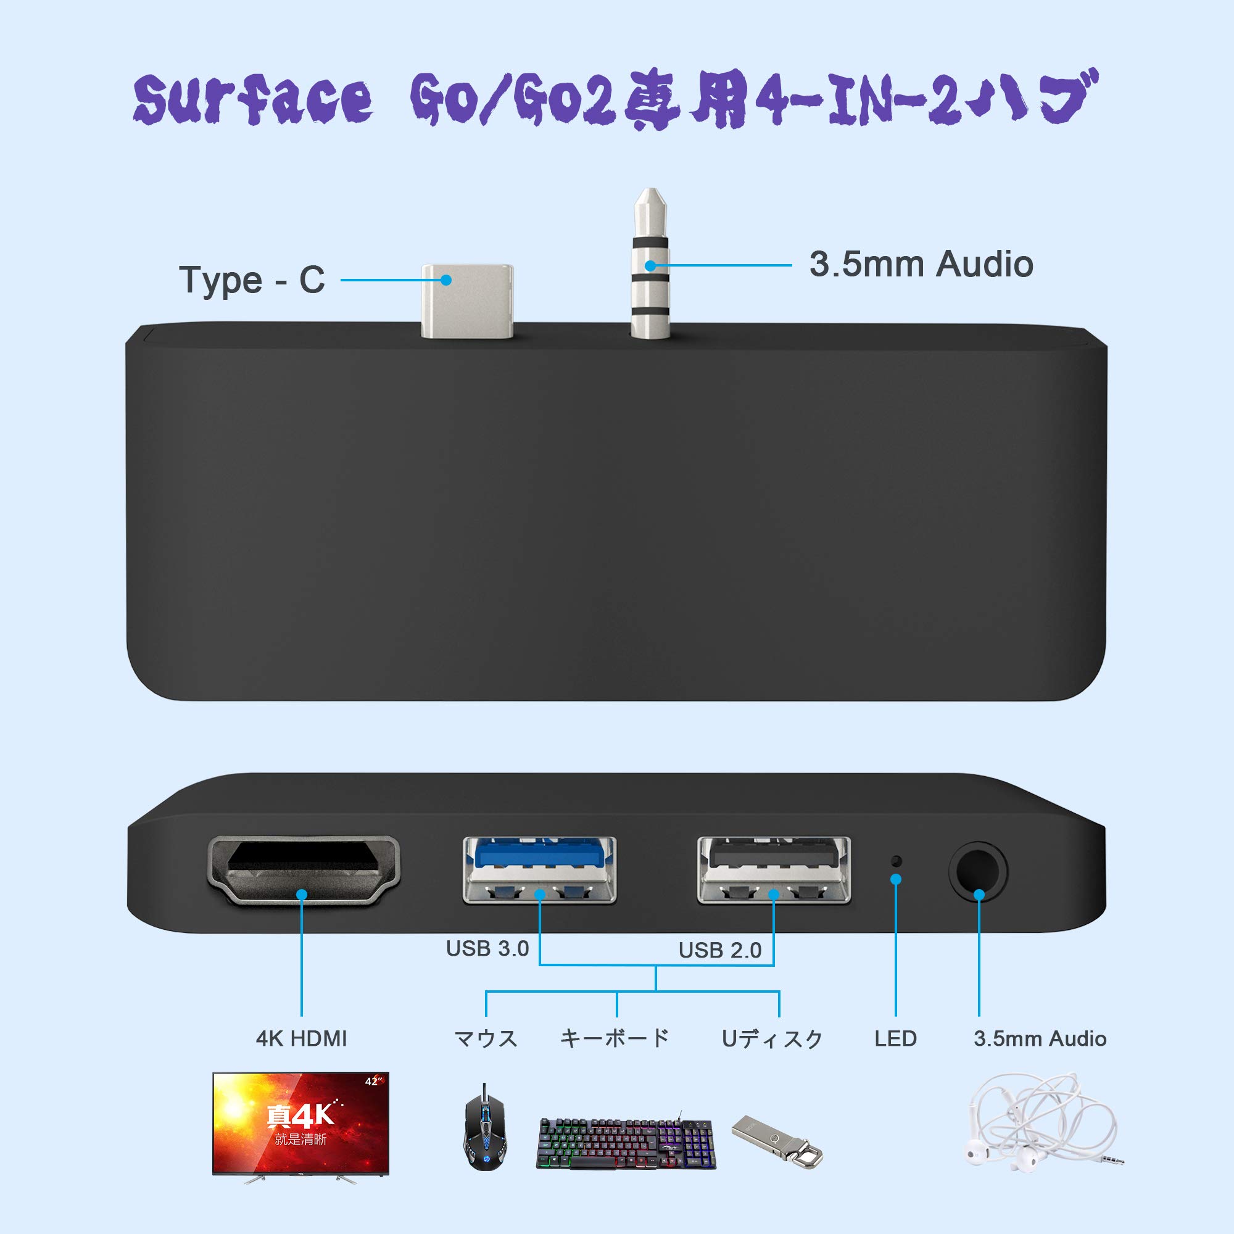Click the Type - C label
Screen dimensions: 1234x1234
click(x=252, y=280)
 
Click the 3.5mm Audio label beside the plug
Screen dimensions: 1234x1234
click(x=921, y=264)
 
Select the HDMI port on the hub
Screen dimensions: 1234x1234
click(x=304, y=869)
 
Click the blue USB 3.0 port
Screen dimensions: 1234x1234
click(x=539, y=869)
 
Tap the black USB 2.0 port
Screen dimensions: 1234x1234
click(x=774, y=869)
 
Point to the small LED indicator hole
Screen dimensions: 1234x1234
click(x=896, y=860)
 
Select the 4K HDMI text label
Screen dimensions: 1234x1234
click(x=302, y=1038)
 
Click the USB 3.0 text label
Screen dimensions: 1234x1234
click(x=487, y=948)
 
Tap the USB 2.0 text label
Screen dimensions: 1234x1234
click(x=720, y=950)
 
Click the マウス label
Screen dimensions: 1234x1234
click(x=486, y=1038)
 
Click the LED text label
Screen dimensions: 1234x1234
click(x=895, y=1038)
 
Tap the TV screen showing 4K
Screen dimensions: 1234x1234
click(x=301, y=1124)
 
